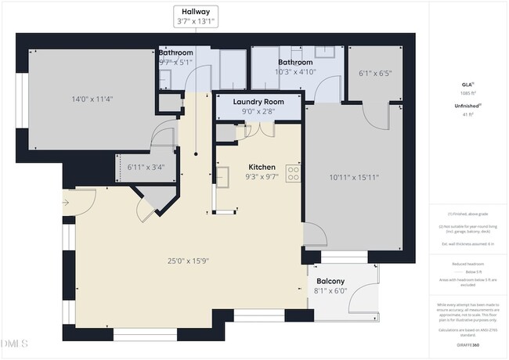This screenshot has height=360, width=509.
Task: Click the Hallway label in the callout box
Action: pyautogui.click(x=196, y=13)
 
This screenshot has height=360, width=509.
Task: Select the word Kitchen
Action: pyautogui.click(x=262, y=167)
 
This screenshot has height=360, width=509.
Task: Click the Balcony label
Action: pyautogui.click(x=331, y=282)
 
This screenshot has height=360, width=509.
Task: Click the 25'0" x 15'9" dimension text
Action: pyautogui.click(x=188, y=261)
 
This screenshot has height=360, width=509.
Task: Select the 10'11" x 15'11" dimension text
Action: pyautogui.click(x=353, y=177)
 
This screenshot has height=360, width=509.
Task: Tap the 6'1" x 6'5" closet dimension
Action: pyautogui.click(x=374, y=74)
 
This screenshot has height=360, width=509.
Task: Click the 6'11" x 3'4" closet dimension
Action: pyautogui.click(x=146, y=166)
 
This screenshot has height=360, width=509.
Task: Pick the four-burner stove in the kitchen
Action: pyautogui.click(x=294, y=173)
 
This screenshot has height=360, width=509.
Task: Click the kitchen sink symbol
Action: pyautogui.click(x=222, y=174)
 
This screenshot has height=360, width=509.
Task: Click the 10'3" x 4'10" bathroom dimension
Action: pyautogui.click(x=296, y=72)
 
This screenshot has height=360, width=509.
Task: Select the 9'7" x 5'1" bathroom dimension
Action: pyautogui.click(x=175, y=62)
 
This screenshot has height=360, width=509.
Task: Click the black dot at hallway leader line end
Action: pyautogui.click(x=196, y=151)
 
